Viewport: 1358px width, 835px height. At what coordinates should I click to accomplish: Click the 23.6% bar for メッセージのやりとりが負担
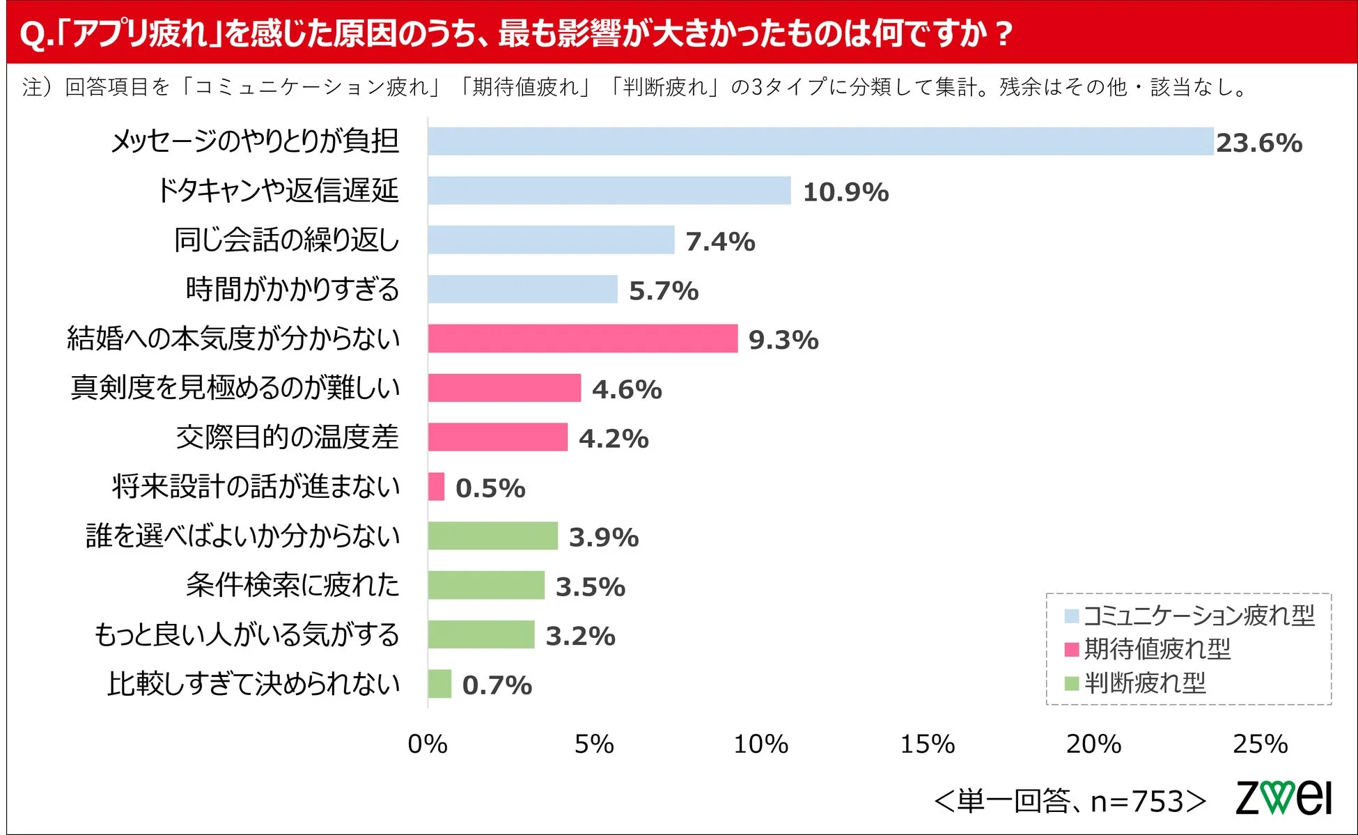click(820, 141)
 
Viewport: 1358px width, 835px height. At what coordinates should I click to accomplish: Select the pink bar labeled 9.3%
click(582, 338)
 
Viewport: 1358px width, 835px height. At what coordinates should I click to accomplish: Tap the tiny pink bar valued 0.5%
click(436, 486)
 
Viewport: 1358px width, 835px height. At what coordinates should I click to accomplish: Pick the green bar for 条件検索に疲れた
click(486, 585)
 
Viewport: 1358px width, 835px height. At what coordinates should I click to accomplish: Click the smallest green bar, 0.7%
click(439, 684)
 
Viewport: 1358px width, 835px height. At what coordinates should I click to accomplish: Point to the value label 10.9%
click(845, 192)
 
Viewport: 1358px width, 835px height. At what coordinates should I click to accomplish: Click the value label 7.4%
click(720, 242)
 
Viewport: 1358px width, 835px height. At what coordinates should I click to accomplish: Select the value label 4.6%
click(627, 389)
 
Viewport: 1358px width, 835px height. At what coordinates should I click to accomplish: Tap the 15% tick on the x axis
click(927, 744)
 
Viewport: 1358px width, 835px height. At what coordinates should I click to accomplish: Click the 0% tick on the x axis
click(427, 744)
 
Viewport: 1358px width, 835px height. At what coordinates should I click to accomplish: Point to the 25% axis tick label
click(1260, 744)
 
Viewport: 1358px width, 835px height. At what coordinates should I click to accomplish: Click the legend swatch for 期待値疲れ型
click(1072, 650)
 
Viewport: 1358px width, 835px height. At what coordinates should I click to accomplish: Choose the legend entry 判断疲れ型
click(1145, 683)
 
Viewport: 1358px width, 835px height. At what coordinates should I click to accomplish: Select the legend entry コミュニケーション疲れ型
click(1199, 616)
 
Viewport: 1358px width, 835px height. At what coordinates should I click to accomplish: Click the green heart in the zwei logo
click(1279, 797)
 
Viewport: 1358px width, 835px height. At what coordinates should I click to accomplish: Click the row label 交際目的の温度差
click(287, 437)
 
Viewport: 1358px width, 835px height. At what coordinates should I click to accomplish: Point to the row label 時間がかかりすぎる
click(292, 289)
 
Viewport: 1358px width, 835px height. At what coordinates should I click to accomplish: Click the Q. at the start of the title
click(35, 34)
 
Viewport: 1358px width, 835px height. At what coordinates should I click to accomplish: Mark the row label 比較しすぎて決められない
click(253, 684)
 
